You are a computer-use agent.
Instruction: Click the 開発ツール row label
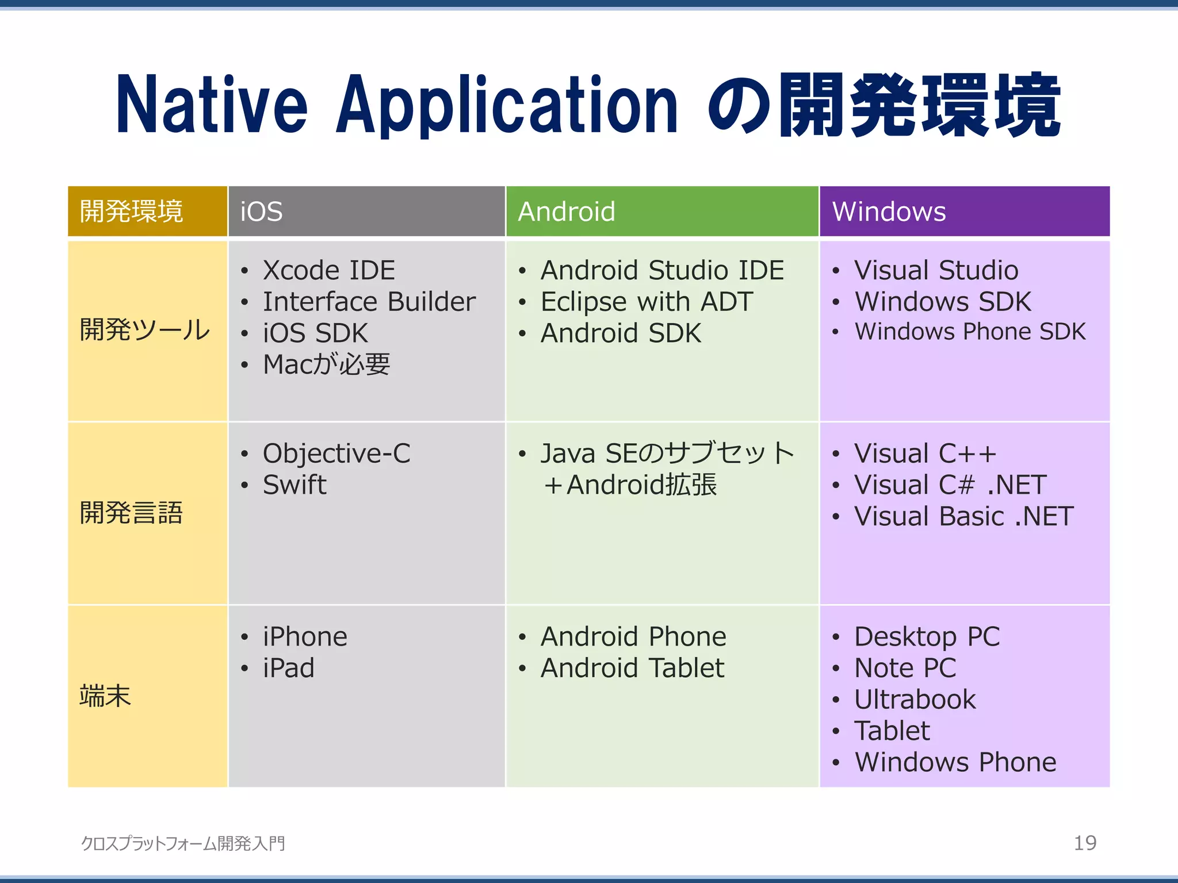(x=145, y=330)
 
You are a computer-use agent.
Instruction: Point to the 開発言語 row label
(x=131, y=513)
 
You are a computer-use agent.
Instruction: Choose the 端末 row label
(x=105, y=696)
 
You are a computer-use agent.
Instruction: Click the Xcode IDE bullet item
(x=329, y=270)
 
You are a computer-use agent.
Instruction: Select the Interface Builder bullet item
(x=369, y=302)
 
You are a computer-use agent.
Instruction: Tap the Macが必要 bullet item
(x=326, y=364)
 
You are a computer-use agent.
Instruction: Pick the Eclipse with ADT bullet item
(x=647, y=302)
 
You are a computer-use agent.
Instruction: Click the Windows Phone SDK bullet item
(x=970, y=332)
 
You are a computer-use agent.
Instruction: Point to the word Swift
(x=294, y=485)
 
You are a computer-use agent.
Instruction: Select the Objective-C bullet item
(x=336, y=454)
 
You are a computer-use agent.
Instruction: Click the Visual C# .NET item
(x=950, y=485)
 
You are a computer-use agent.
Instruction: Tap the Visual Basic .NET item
(x=963, y=516)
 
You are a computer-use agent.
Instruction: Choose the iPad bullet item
(x=288, y=668)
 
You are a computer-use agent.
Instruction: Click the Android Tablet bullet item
(x=632, y=668)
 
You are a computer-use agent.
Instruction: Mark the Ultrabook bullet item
(x=915, y=700)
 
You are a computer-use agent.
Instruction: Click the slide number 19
(x=1085, y=843)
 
